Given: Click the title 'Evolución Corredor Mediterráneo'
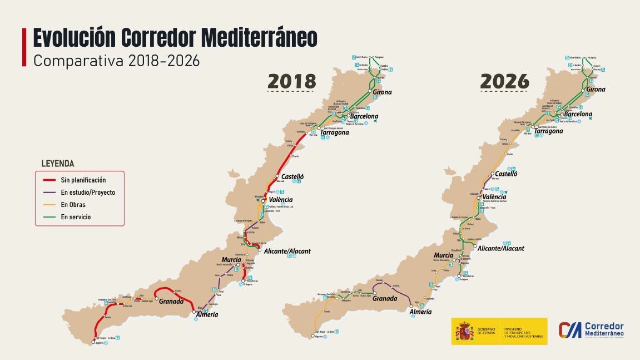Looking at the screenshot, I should click(x=175, y=38).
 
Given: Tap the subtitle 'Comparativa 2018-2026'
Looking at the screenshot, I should click(x=116, y=61).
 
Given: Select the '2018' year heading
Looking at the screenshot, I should click(x=292, y=81).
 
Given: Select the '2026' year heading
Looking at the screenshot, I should click(x=504, y=81).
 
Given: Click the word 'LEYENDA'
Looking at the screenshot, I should click(x=58, y=164).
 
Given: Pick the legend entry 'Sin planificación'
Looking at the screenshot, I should click(x=83, y=180).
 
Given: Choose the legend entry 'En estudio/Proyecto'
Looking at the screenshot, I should click(x=88, y=193).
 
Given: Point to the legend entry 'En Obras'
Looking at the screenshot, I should click(x=73, y=205).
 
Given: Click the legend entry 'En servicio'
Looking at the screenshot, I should click(x=76, y=217).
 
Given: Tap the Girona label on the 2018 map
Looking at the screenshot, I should click(x=382, y=92).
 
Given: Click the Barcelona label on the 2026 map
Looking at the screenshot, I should click(x=578, y=114).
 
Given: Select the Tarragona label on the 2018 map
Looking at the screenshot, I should click(x=334, y=132).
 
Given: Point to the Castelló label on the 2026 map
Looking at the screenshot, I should click(x=506, y=174).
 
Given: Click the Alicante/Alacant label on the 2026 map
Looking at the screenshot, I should click(x=500, y=249).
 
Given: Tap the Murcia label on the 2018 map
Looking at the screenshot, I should click(x=231, y=260).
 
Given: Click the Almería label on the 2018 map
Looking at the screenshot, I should click(x=206, y=315).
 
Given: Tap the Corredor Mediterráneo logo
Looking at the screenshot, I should click(x=591, y=330).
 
